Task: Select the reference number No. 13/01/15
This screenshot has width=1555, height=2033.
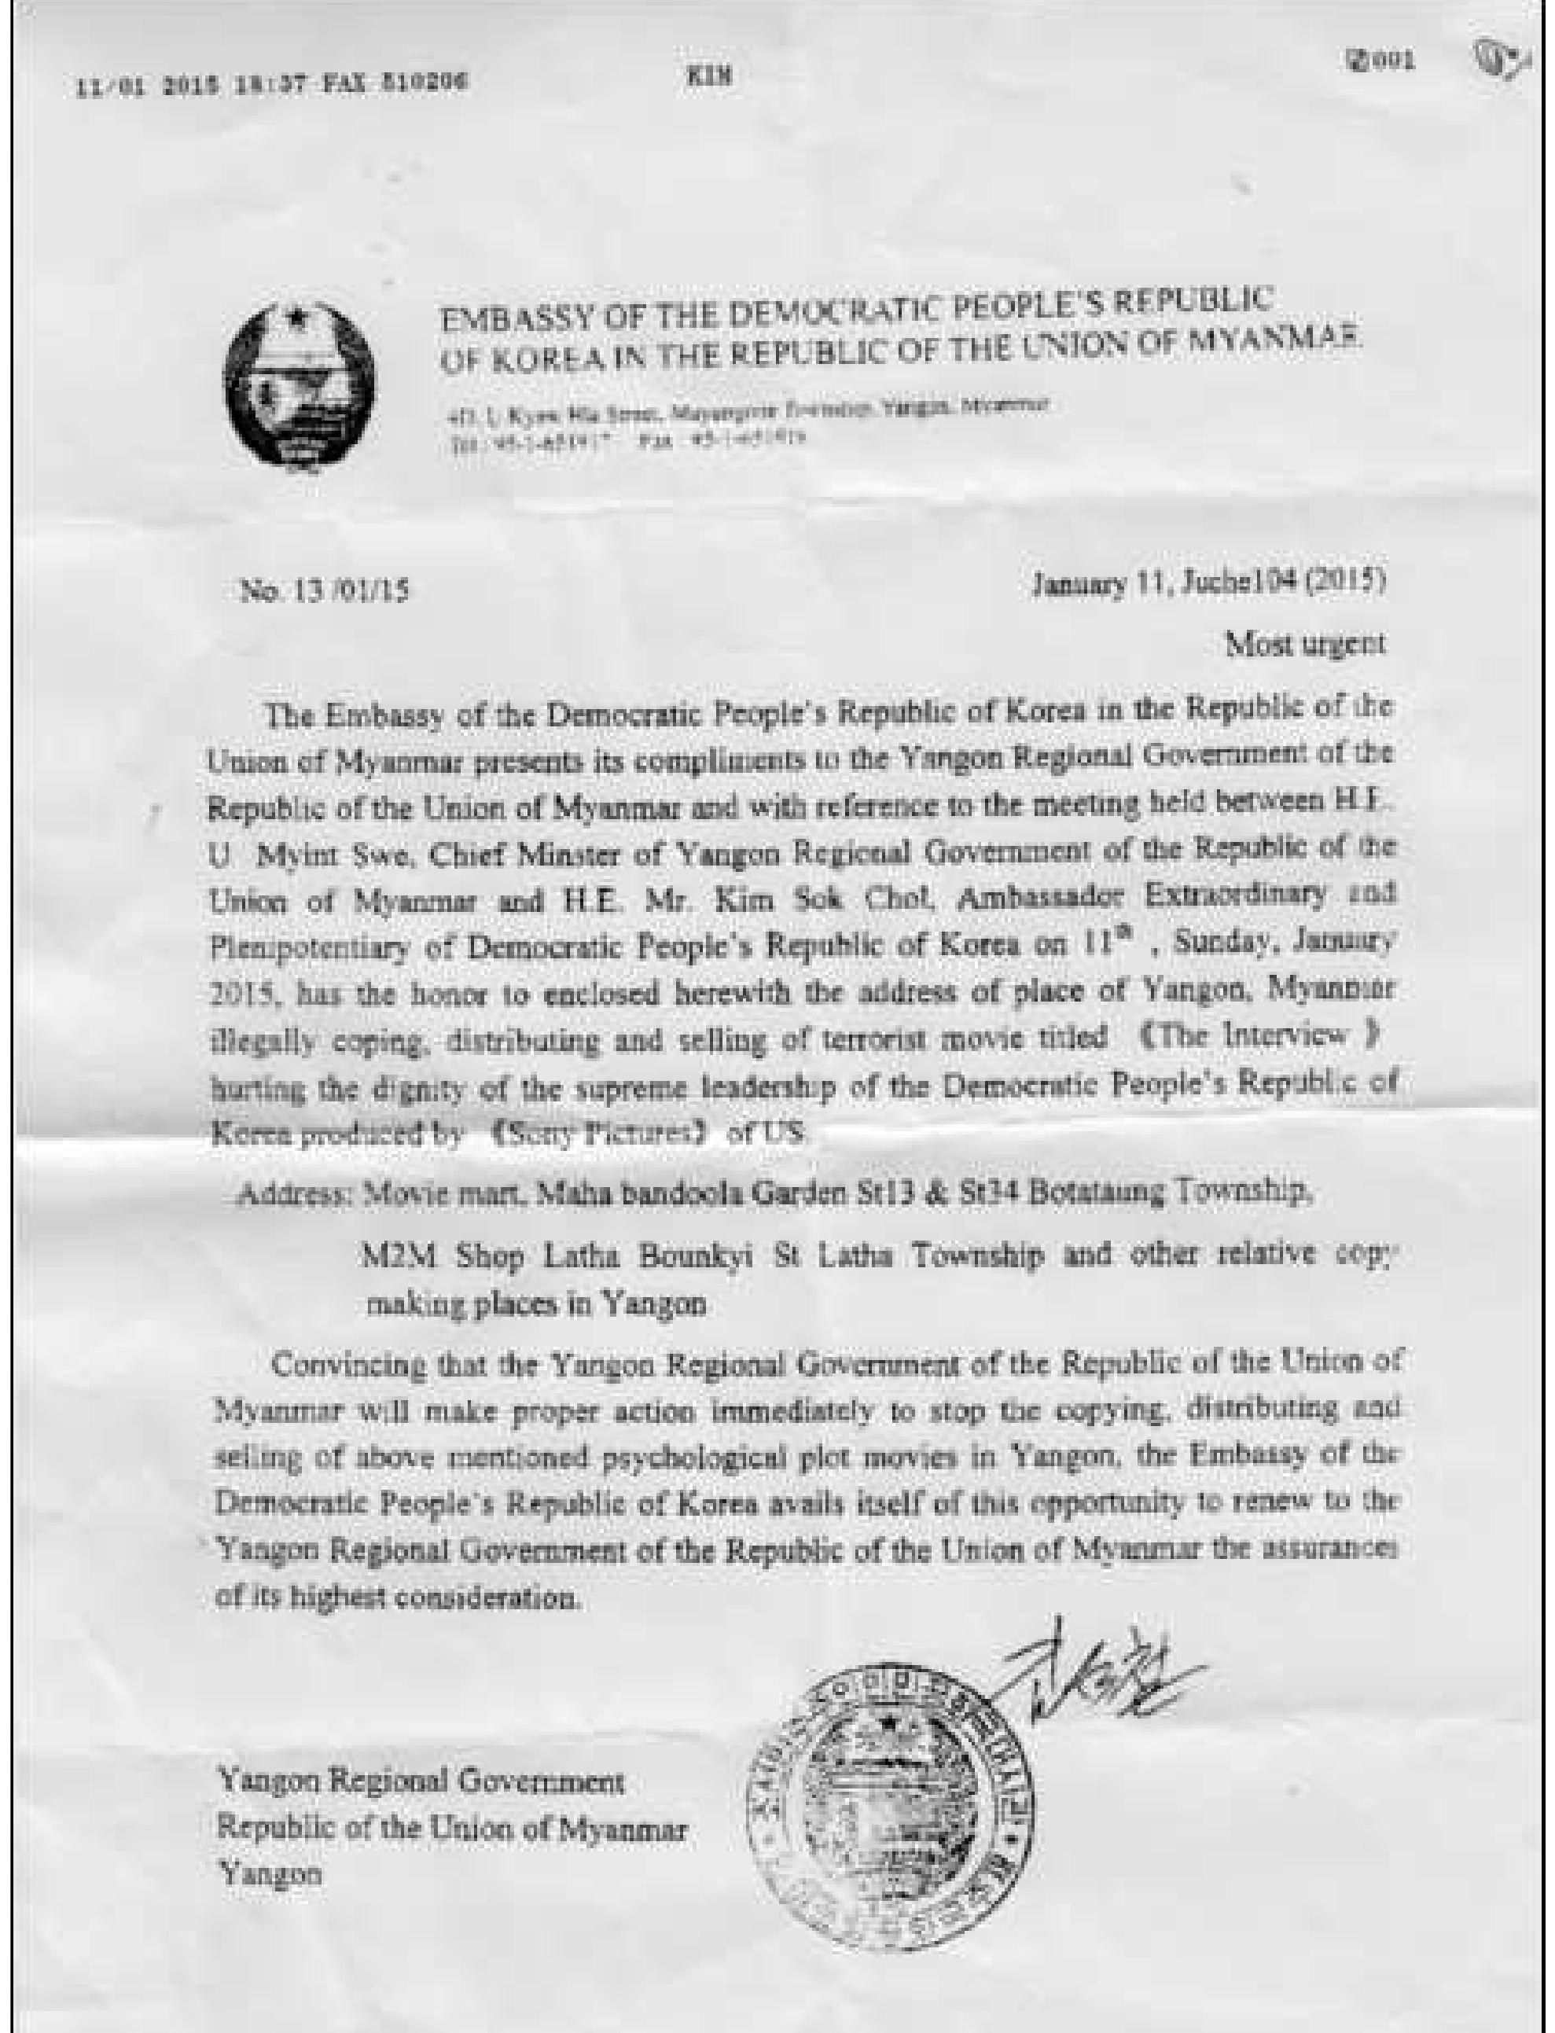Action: (325, 590)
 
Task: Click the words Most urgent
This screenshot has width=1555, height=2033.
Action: (1305, 644)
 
